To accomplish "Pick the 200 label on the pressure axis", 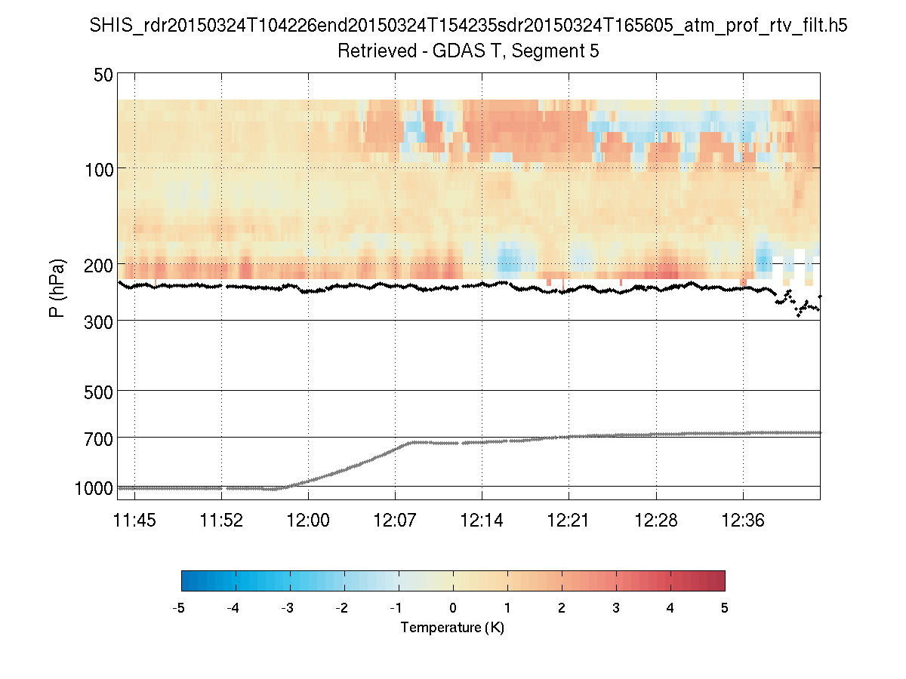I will point(100,265).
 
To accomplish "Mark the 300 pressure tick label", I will point(100,321).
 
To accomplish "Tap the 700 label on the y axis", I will point(100,438).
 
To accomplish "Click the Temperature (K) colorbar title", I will point(452,628).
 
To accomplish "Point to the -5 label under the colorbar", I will point(180,608).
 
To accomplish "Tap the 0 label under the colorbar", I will point(453,608).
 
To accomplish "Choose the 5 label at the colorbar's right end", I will point(725,608).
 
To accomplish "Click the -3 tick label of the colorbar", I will point(288,608).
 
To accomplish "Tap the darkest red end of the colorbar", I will point(720,580).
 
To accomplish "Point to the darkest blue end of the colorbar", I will point(186,580).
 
